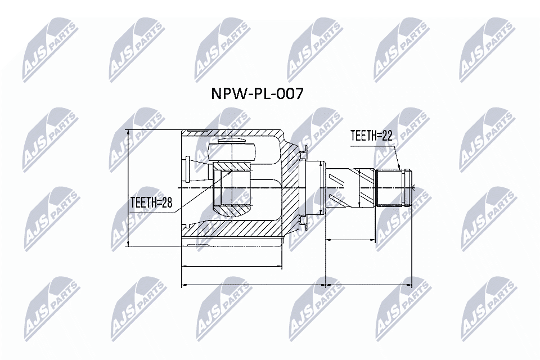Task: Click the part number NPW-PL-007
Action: (256, 93)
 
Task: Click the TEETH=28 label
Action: (151, 202)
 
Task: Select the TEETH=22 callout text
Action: (371, 136)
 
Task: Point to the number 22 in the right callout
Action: (385, 136)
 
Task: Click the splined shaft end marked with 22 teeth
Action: (393, 188)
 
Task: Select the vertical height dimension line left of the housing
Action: (129, 188)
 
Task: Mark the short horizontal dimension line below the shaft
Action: (350, 240)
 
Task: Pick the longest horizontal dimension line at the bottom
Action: (296, 285)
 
